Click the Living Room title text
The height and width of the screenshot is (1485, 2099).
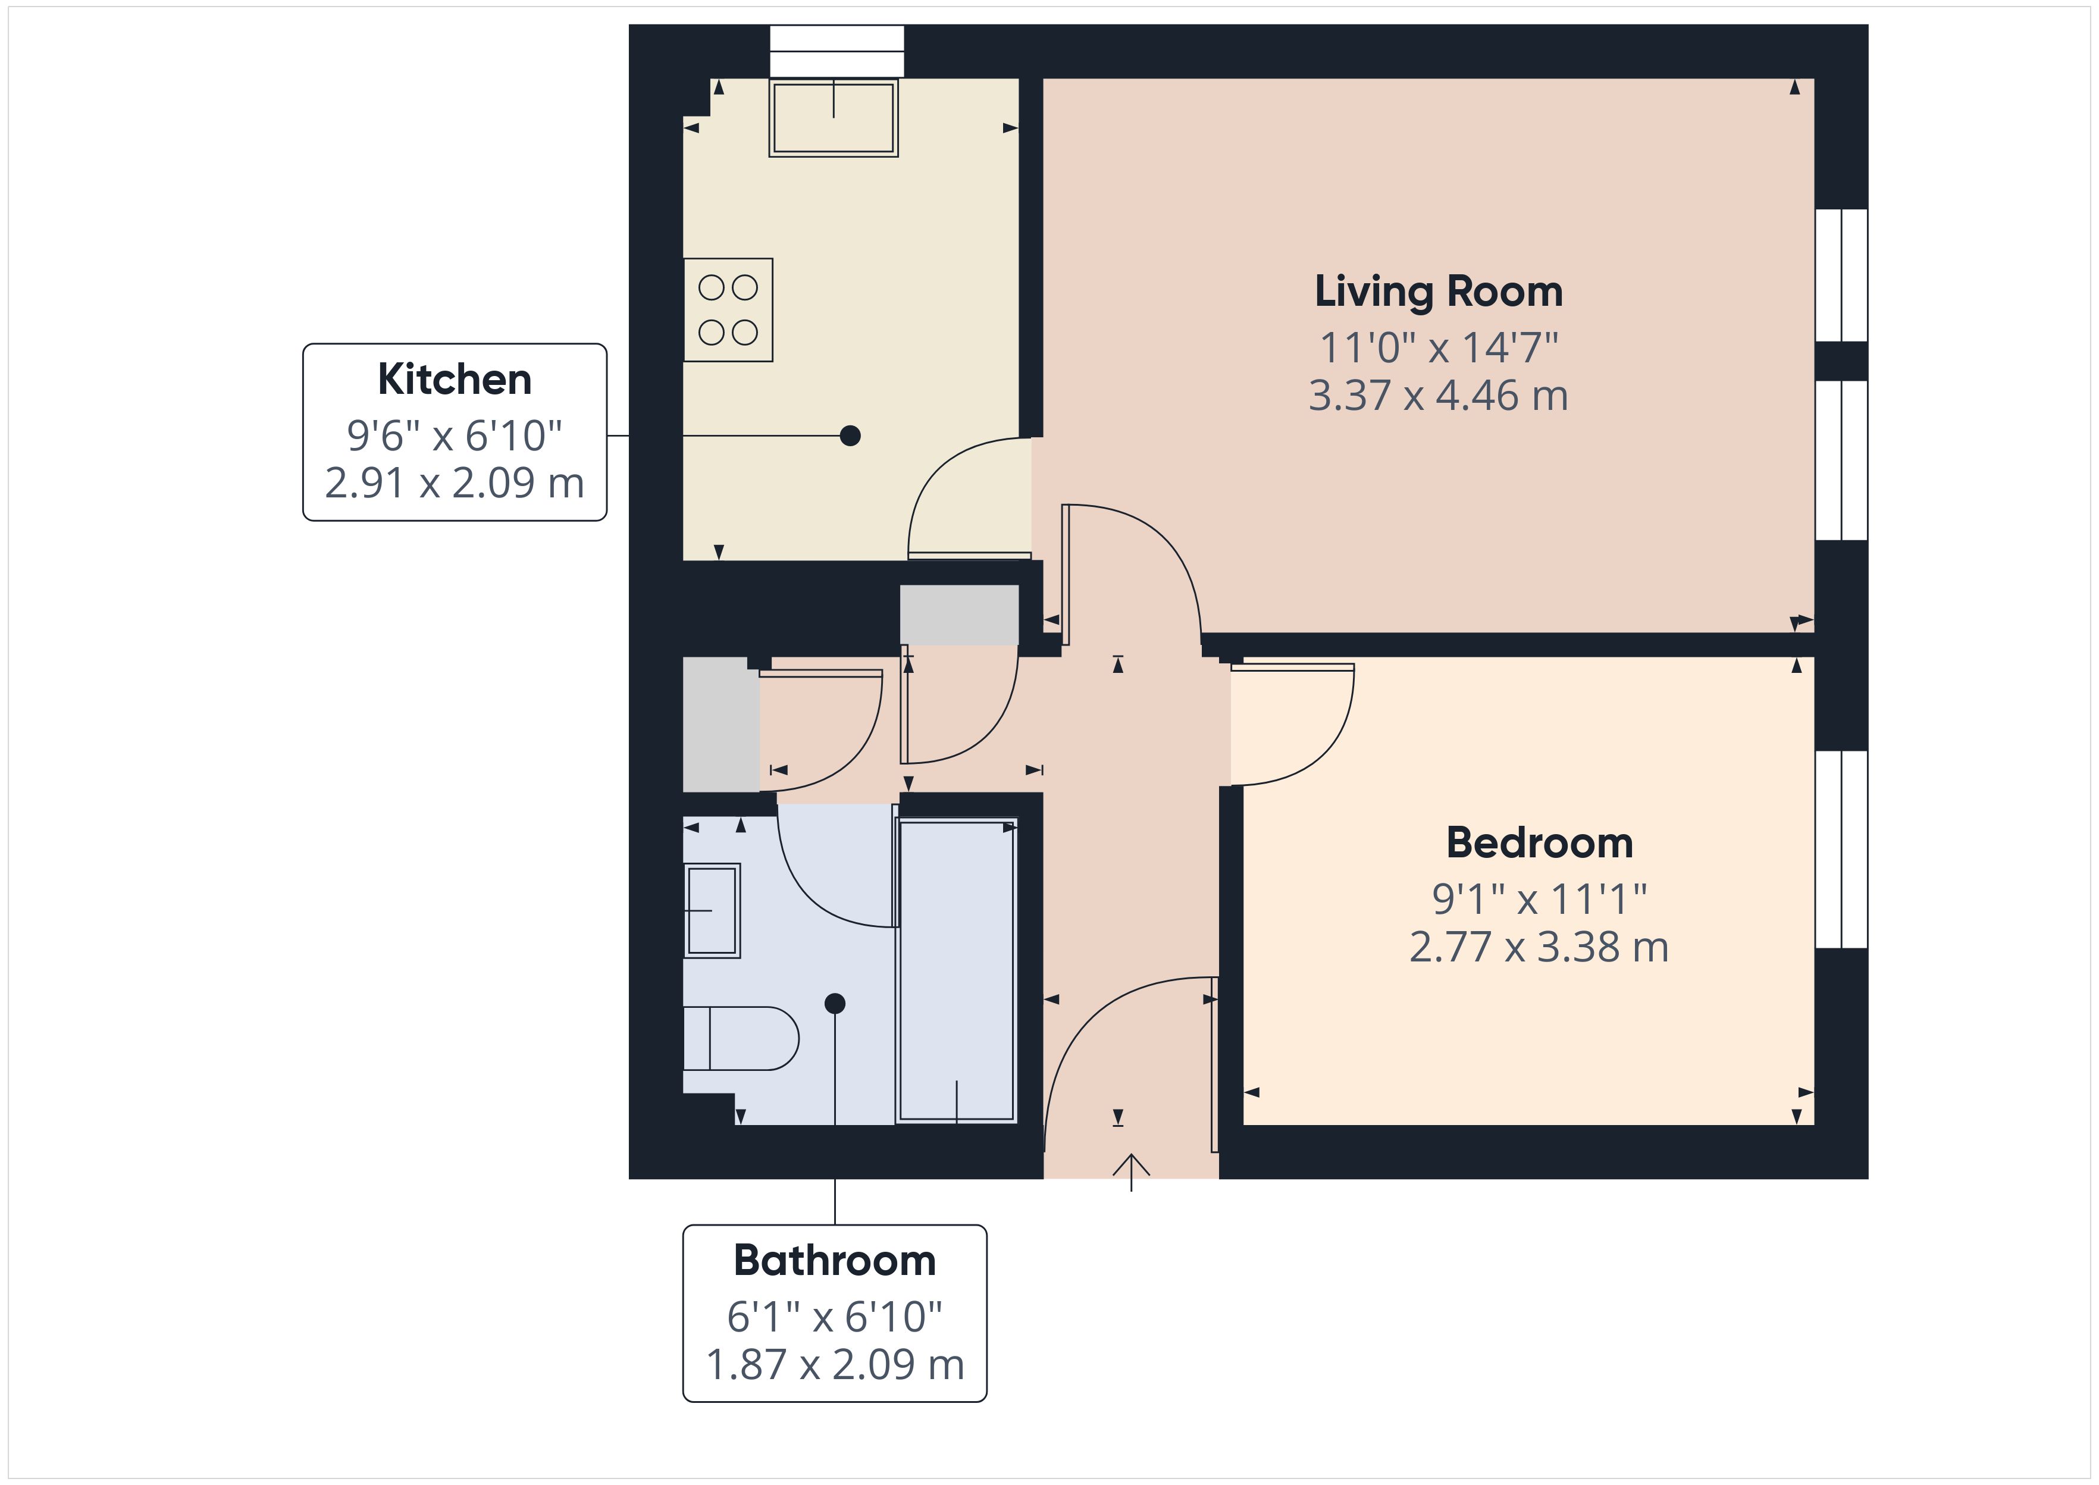[1438, 292]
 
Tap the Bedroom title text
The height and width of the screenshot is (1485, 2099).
[1540, 843]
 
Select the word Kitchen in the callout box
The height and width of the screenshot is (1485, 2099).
[455, 380]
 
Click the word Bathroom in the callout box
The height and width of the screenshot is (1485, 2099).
[835, 1260]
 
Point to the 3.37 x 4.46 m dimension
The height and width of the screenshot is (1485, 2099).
[1438, 396]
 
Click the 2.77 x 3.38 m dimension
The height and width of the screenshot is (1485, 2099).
[1540, 947]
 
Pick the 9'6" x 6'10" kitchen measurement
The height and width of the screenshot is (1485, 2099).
[455, 436]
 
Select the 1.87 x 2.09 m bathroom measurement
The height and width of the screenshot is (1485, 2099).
[835, 1364]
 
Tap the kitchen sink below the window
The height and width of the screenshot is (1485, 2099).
[833, 118]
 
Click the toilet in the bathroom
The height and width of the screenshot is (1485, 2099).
[741, 1038]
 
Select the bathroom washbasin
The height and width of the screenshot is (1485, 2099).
[712, 910]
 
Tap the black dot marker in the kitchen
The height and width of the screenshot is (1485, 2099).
[850, 436]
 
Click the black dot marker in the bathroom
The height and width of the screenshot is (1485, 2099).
[835, 1003]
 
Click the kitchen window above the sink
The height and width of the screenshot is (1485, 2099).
[837, 51]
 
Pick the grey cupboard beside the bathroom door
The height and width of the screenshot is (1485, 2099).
[721, 724]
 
